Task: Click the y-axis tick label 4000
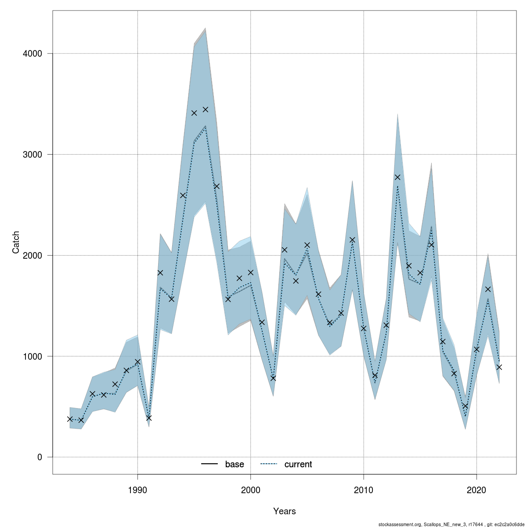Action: point(33,54)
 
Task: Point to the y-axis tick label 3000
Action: point(33,155)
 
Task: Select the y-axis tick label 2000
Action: point(33,255)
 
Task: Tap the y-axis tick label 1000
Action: point(33,356)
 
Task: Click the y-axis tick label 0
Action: point(40,457)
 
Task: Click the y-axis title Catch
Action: point(16,242)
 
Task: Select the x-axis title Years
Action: point(284,511)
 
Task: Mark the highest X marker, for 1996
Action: point(206,109)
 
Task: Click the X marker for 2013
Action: point(397,177)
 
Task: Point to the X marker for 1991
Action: point(149,418)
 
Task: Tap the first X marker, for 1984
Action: point(70,419)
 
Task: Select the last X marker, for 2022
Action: point(499,367)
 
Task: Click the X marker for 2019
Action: point(465,406)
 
